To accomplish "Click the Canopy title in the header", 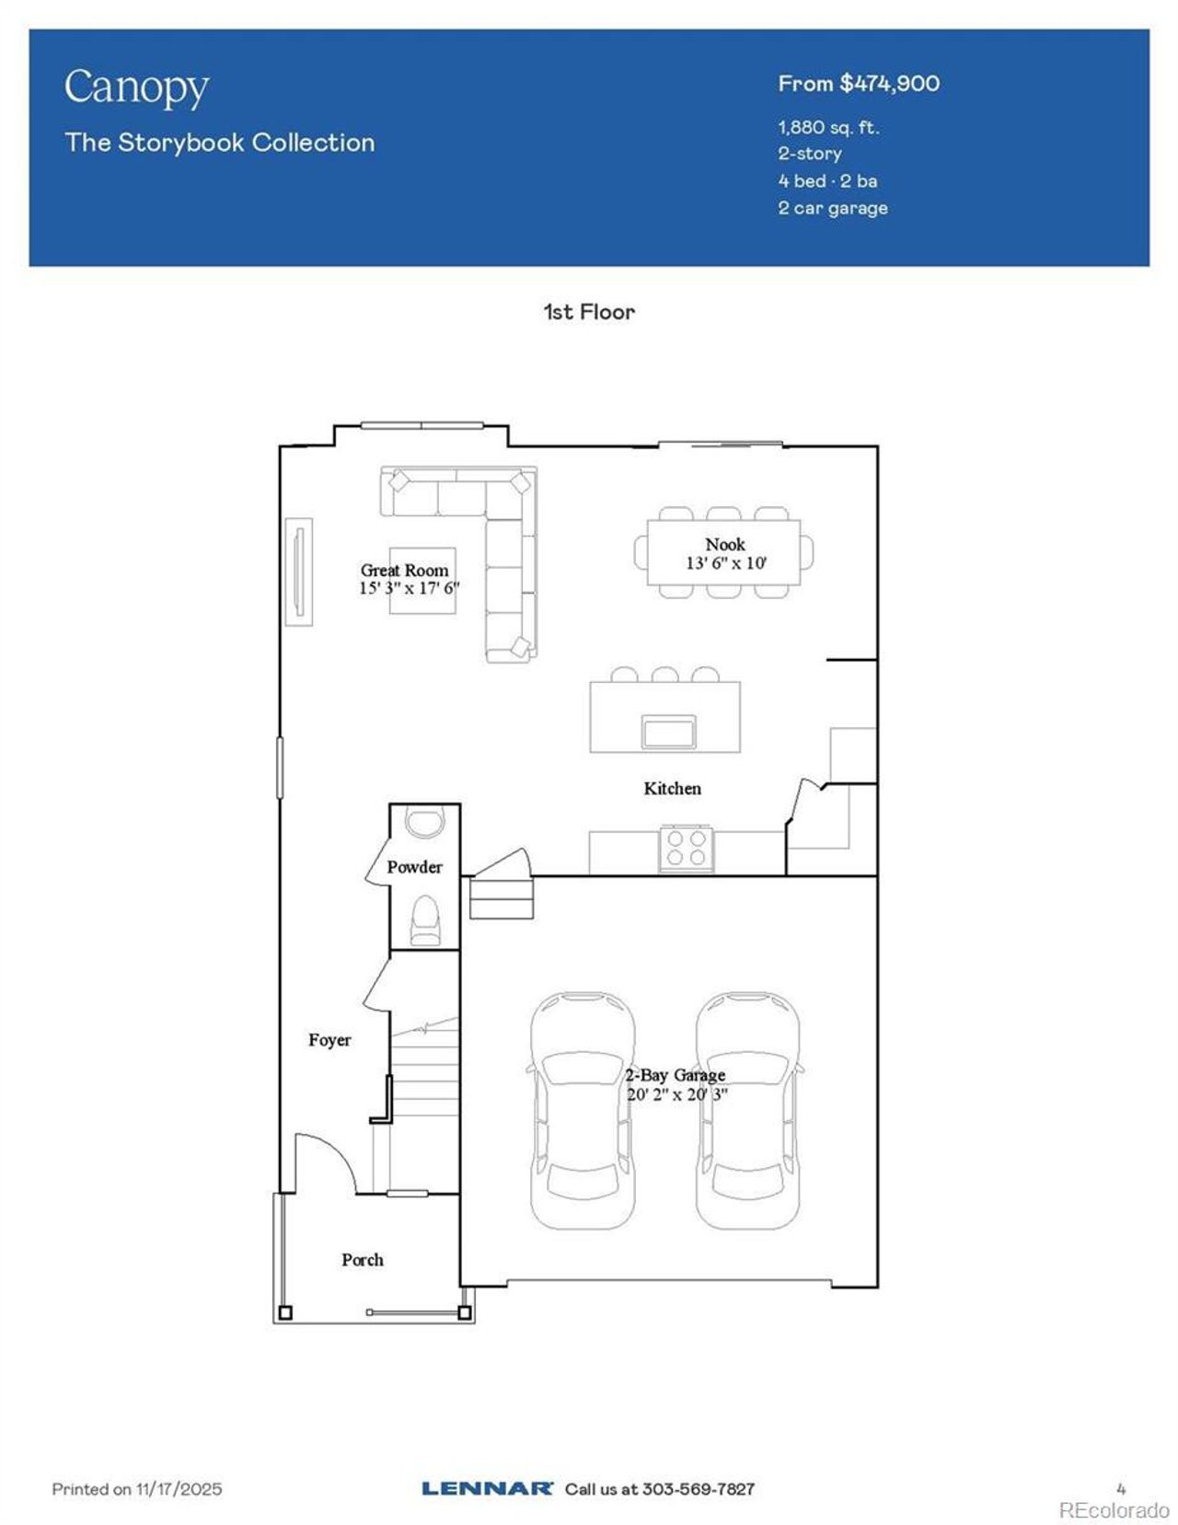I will (136, 88).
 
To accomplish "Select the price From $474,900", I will (858, 84).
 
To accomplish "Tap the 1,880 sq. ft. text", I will (828, 127).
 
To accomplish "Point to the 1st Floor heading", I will (589, 312).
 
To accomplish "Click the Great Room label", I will (404, 571).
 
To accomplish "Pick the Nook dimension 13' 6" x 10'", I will (725, 563).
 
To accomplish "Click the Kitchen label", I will (672, 789).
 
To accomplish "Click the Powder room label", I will (414, 867).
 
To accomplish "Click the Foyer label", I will (329, 1040).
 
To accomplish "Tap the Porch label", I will (362, 1260).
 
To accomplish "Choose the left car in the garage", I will (582, 1110).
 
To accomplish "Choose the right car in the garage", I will (747, 1110).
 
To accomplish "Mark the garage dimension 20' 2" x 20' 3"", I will (677, 1094).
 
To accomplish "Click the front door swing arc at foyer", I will (332, 1155).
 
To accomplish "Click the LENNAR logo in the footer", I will (487, 1488).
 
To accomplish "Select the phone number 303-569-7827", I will (698, 1488).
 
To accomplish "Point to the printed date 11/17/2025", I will (179, 1488).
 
